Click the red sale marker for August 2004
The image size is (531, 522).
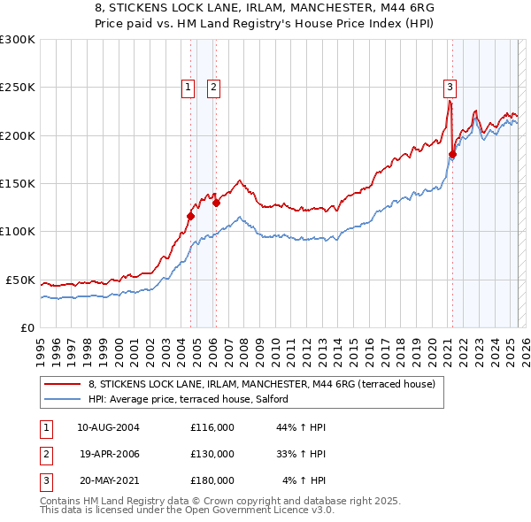[x=190, y=215]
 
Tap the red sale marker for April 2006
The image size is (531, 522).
[x=216, y=202]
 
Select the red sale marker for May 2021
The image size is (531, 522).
[x=452, y=154]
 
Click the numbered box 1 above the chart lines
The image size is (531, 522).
[x=189, y=87]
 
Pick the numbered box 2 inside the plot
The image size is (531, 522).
[x=214, y=87]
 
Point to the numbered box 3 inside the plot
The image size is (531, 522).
[x=450, y=87]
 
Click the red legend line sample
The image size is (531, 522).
[x=63, y=385]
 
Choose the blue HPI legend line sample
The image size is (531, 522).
[x=63, y=400]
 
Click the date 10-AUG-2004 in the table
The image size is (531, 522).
[x=108, y=427]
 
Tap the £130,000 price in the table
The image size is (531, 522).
[x=212, y=454]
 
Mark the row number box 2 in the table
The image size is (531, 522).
[x=45, y=454]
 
